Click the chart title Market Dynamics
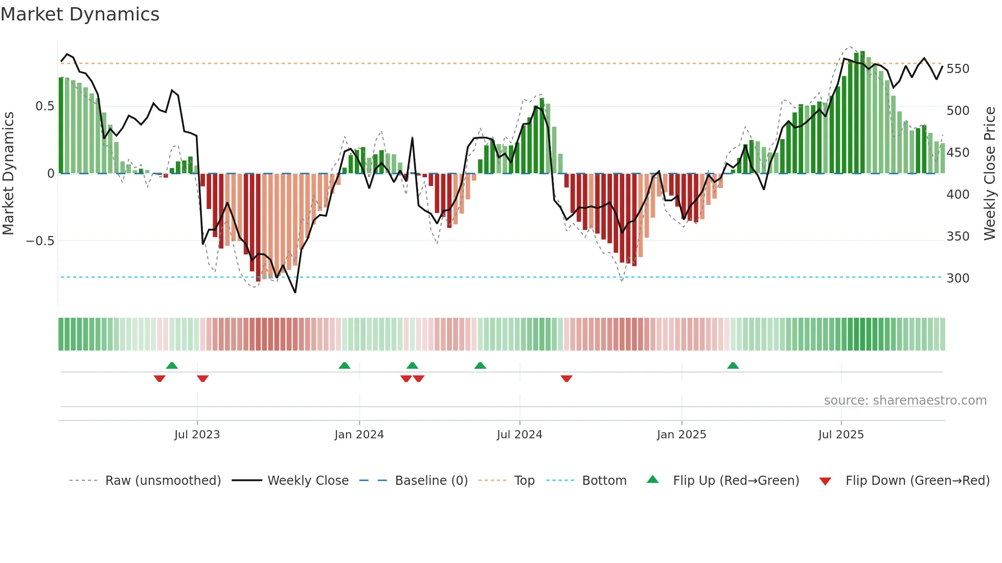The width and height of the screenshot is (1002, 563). [x=80, y=14]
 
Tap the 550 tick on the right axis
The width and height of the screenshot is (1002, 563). [x=958, y=69]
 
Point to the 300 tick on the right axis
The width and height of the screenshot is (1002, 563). [x=958, y=278]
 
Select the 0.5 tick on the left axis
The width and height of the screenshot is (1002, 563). [x=44, y=106]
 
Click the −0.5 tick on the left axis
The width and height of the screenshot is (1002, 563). [x=40, y=241]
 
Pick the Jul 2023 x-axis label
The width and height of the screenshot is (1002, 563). [x=197, y=435]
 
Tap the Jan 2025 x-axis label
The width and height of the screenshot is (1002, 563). [x=681, y=435]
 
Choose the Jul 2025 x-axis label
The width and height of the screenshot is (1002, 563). [x=840, y=435]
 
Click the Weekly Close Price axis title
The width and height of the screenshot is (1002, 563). [x=990, y=173]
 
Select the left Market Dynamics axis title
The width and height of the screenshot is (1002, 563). [x=8, y=173]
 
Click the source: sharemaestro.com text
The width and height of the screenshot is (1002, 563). [x=905, y=401]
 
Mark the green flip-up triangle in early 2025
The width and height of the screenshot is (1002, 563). [x=733, y=365]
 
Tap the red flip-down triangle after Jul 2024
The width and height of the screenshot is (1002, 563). [x=566, y=379]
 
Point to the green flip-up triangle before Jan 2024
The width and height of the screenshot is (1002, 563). [x=345, y=365]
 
